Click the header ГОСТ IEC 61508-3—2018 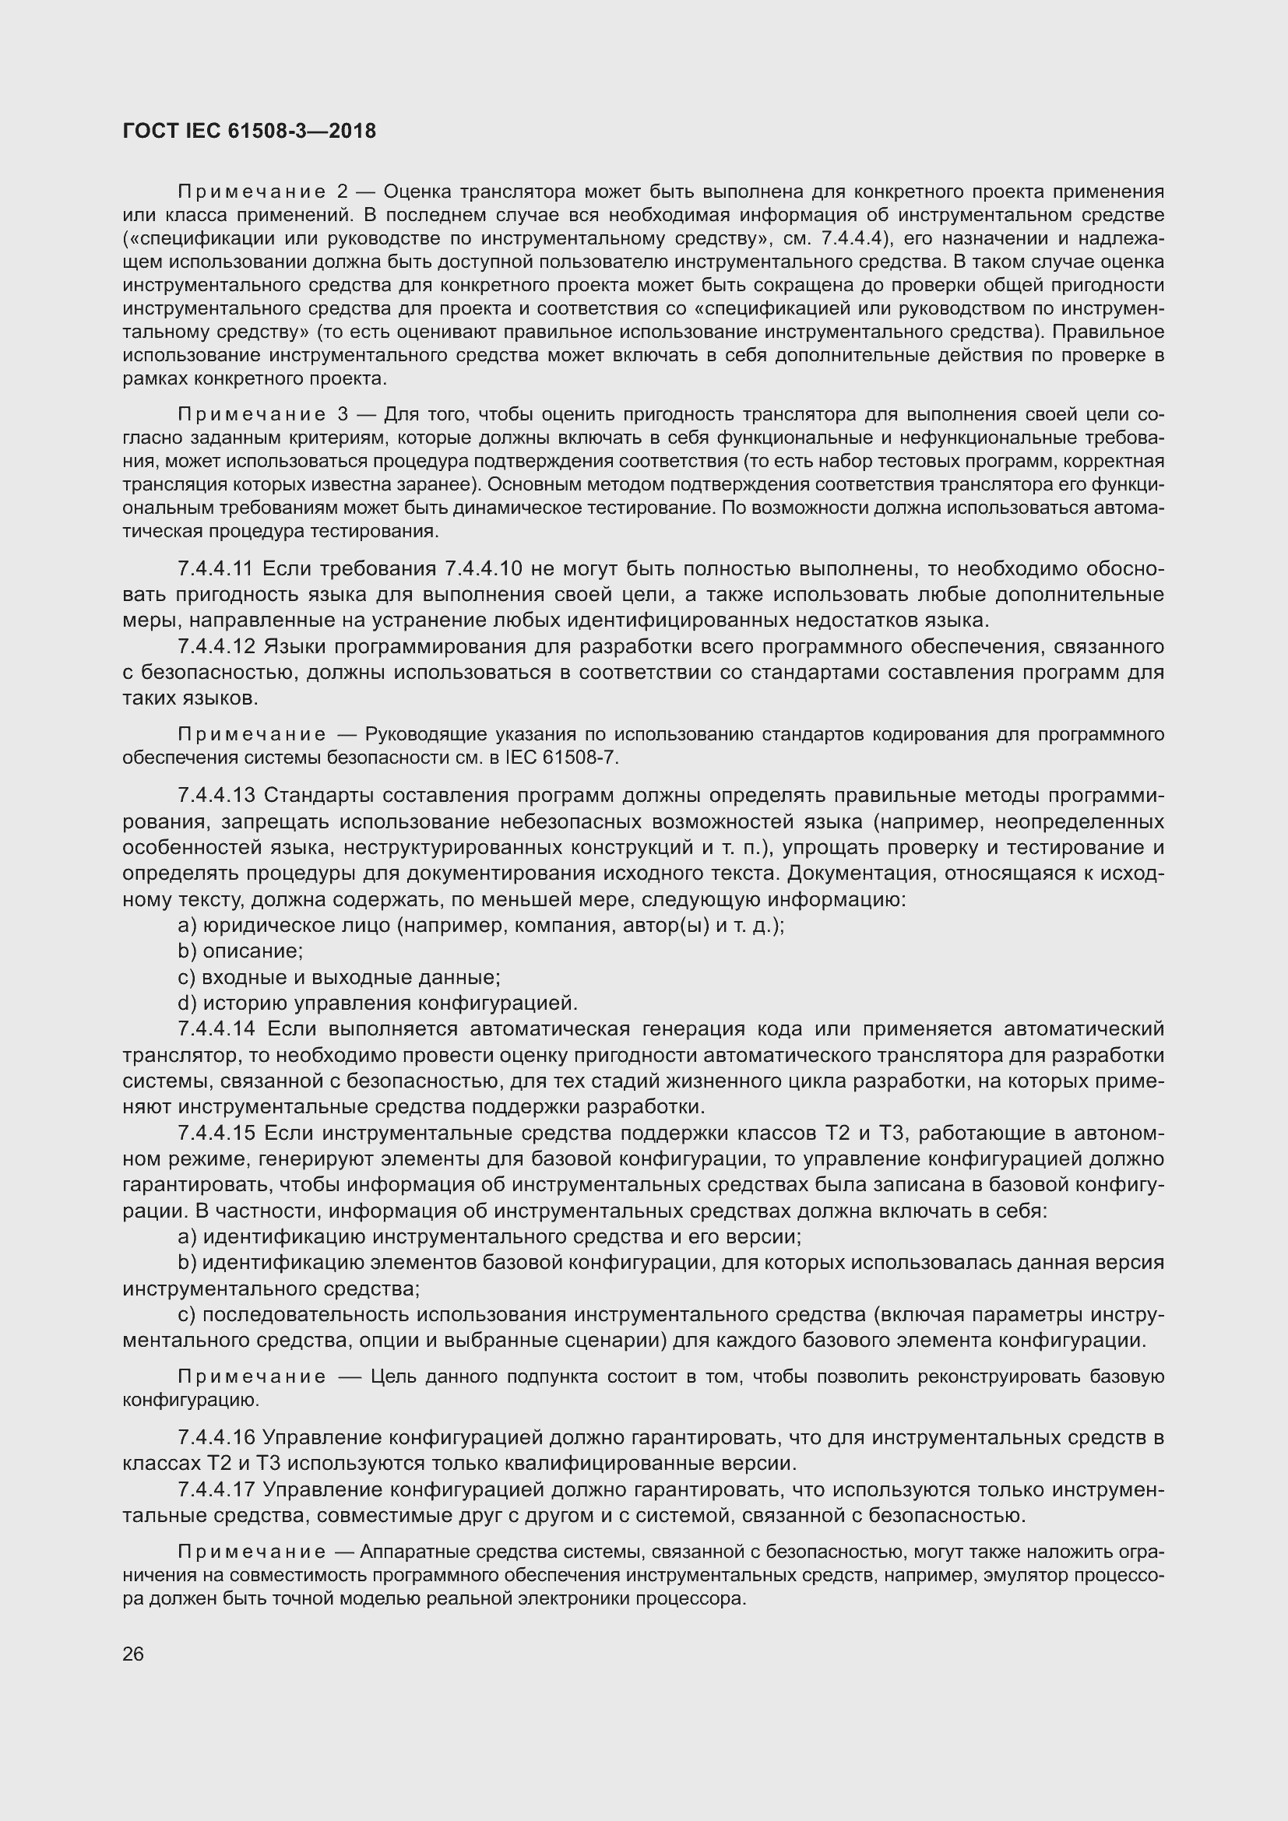(x=249, y=131)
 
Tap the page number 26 (x=133, y=1654)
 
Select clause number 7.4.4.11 (x=215, y=568)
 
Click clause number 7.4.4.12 (x=216, y=646)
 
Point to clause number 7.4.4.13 (x=216, y=796)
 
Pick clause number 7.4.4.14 (x=216, y=1028)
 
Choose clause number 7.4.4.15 (x=216, y=1133)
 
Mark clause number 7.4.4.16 (x=216, y=1437)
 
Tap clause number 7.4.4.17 (x=216, y=1489)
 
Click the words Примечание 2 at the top (x=262, y=192)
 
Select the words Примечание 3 (x=262, y=415)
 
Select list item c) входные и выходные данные (x=339, y=977)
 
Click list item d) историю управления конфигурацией (x=378, y=1004)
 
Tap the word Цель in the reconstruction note (x=393, y=1377)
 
